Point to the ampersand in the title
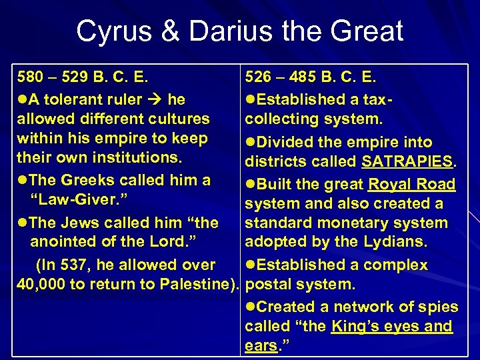click(165, 31)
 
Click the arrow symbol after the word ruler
click(155, 100)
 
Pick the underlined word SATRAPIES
click(407, 162)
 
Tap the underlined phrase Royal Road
click(411, 184)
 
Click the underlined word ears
click(261, 346)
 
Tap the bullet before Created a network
click(251, 307)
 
